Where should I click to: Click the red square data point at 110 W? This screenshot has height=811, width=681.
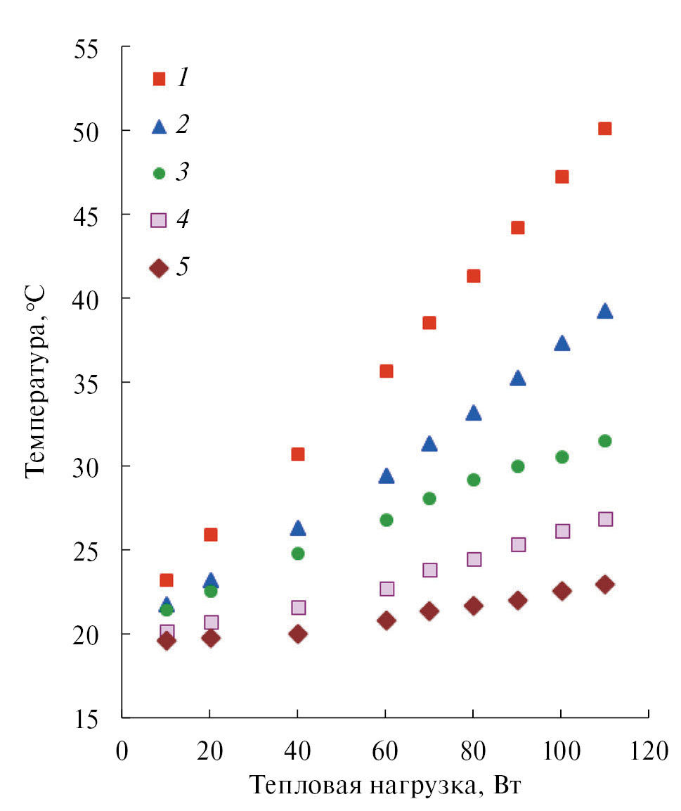pos(604,128)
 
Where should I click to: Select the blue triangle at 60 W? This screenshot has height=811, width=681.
pos(386,476)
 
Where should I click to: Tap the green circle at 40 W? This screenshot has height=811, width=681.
pos(297,554)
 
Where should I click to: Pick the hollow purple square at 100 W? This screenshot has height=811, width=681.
pos(562,531)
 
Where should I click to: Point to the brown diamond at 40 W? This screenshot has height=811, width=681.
pos(298,634)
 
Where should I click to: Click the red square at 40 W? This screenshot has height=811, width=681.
pos(297,454)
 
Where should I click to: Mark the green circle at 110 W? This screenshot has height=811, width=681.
pos(604,441)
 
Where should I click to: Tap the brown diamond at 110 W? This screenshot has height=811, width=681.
pos(604,585)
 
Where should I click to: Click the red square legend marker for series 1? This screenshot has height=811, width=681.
pos(159,79)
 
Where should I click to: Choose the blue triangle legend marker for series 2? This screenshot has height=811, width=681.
pos(159,127)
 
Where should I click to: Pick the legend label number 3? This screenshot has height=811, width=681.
pos(182,172)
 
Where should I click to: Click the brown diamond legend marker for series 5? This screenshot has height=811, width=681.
pos(159,268)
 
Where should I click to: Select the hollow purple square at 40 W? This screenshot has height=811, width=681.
pos(298,608)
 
